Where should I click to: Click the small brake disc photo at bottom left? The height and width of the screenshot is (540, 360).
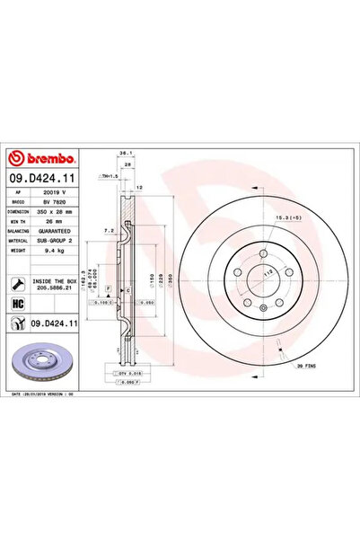coord(40,363)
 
